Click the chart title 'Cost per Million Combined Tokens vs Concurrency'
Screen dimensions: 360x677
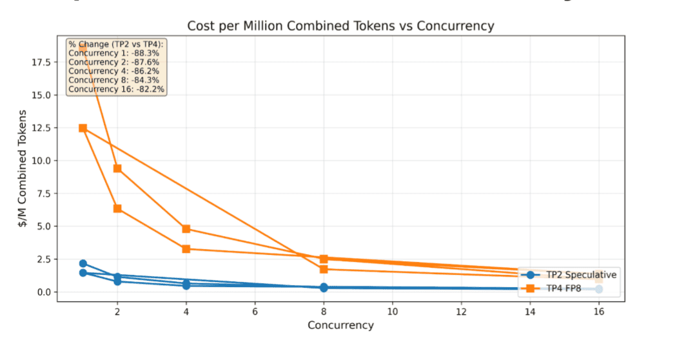click(340, 26)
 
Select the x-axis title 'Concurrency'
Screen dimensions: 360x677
click(340, 325)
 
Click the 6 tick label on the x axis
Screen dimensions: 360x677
click(255, 310)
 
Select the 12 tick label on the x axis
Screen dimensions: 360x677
click(460, 310)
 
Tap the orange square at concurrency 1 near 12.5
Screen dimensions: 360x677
click(83, 128)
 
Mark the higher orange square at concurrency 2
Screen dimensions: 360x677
click(117, 168)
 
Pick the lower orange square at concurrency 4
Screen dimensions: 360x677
click(186, 248)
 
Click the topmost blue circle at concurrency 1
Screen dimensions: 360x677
click(83, 263)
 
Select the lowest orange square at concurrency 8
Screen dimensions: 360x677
click(324, 269)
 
